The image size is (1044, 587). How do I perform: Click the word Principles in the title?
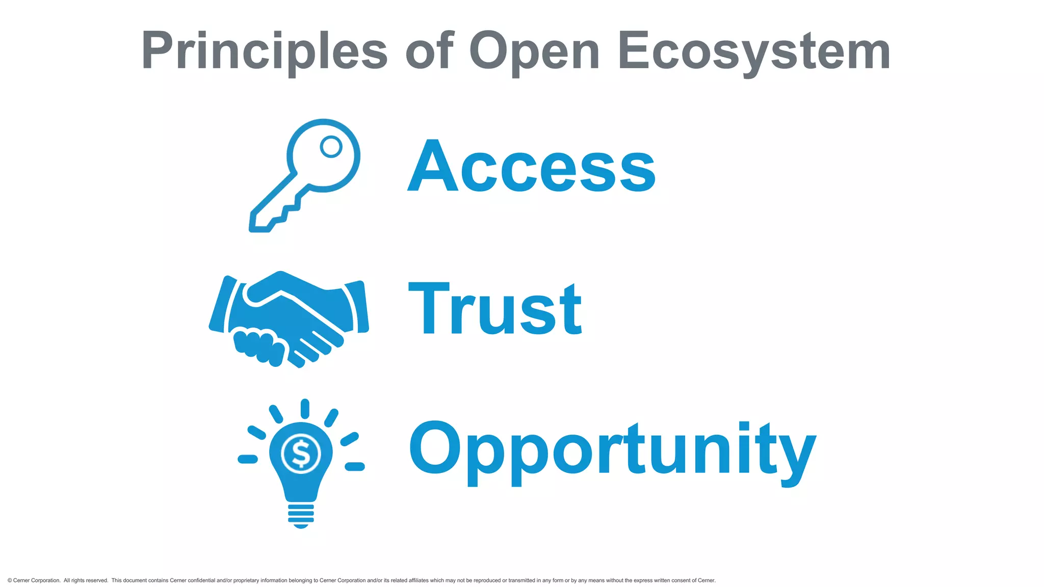pyautogui.click(x=264, y=51)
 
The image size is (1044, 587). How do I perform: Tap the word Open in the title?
pyautogui.click(x=534, y=51)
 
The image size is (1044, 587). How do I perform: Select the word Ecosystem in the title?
pyautogui.click(x=754, y=51)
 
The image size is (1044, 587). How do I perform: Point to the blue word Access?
pyautogui.click(x=532, y=166)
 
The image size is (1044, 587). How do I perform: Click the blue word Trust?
pyautogui.click(x=495, y=309)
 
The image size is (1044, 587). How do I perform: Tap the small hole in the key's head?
pyautogui.click(x=331, y=147)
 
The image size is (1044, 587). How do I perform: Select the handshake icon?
pyautogui.click(x=289, y=319)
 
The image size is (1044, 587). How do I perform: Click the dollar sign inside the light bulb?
pyautogui.click(x=301, y=453)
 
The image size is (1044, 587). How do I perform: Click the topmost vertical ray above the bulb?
pyautogui.click(x=305, y=409)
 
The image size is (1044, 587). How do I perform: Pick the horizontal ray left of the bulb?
pyautogui.click(x=248, y=460)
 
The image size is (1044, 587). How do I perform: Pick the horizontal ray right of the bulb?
pyautogui.click(x=355, y=466)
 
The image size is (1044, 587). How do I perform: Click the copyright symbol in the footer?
pyautogui.click(x=10, y=580)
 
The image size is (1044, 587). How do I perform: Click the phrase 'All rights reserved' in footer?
pyautogui.click(x=86, y=580)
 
